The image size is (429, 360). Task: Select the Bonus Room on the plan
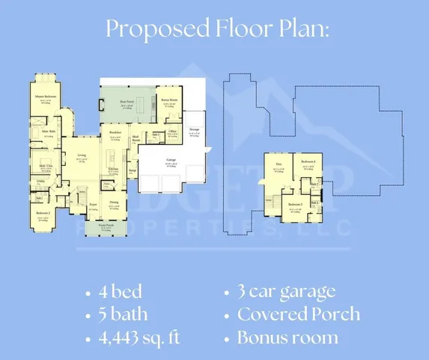click(x=169, y=100)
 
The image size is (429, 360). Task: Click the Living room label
click(x=82, y=155)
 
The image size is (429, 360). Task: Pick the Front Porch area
click(x=107, y=224)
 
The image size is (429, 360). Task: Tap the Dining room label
click(x=114, y=203)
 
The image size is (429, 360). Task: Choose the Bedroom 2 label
click(x=43, y=212)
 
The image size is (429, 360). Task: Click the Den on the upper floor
click(x=279, y=163)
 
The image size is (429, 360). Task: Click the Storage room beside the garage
click(x=194, y=129)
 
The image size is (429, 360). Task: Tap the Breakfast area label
click(x=115, y=133)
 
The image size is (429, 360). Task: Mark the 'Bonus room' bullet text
click(x=287, y=337)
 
